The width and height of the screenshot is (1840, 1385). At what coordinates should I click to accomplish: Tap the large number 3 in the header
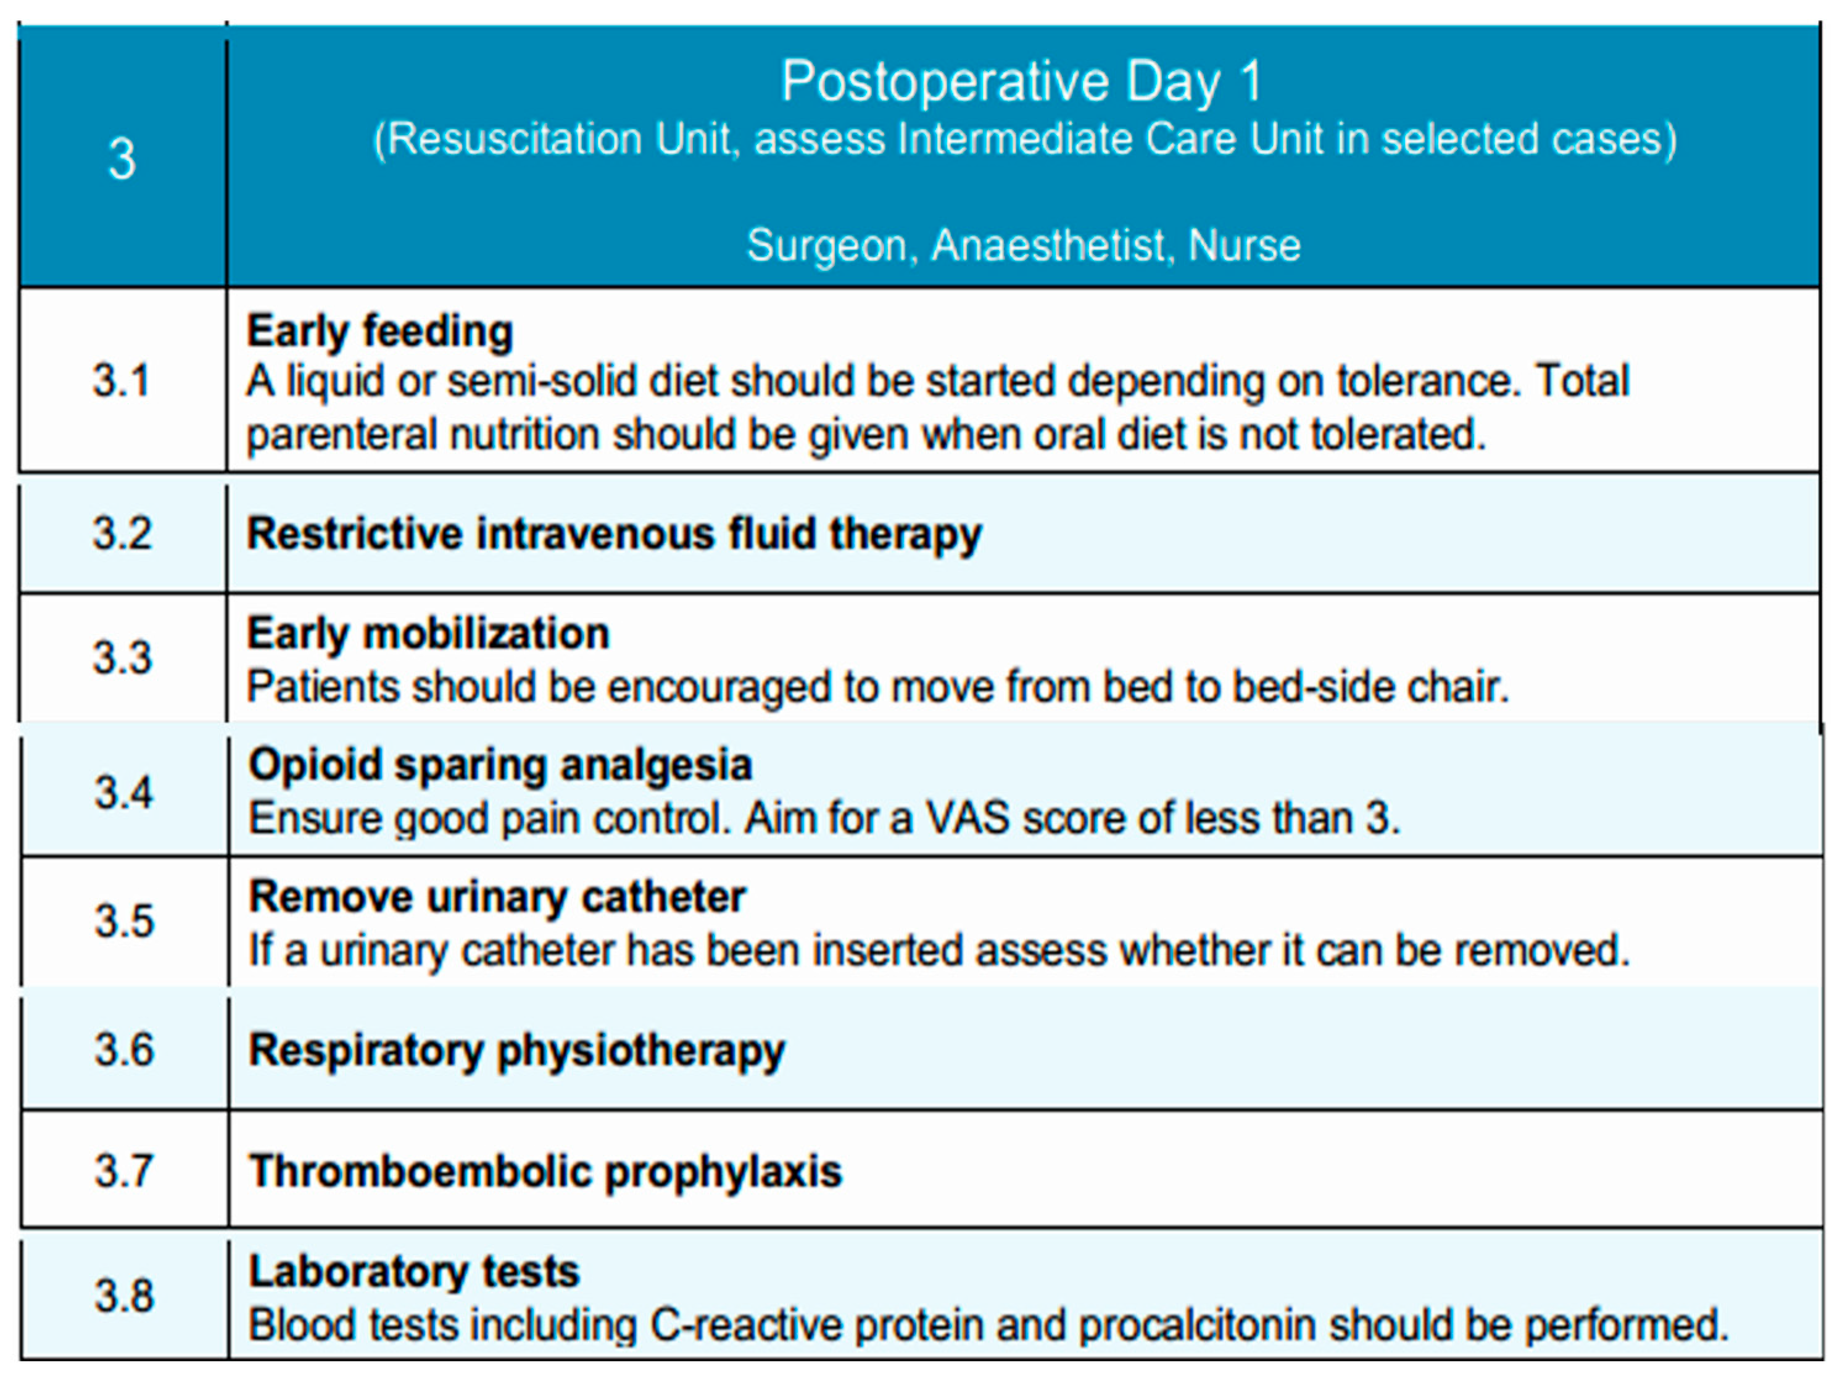122,158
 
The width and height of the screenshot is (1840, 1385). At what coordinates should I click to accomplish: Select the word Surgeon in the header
826,246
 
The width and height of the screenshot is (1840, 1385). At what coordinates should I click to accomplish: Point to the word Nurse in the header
1245,246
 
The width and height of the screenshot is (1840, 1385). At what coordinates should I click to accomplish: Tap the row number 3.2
122,533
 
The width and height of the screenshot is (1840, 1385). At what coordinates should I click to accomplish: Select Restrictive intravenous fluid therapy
614,533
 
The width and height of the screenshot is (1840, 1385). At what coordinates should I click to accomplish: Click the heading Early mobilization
428,634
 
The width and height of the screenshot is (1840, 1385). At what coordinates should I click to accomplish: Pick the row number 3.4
124,792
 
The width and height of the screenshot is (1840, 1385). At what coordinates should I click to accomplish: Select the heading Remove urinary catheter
497,897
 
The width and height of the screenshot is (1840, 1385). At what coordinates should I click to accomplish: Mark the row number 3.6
124,1050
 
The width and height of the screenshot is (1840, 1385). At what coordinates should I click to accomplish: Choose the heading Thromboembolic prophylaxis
545,1172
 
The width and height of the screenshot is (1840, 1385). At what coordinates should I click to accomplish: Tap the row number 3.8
124,1295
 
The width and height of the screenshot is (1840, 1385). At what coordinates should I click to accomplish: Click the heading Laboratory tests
414,1272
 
